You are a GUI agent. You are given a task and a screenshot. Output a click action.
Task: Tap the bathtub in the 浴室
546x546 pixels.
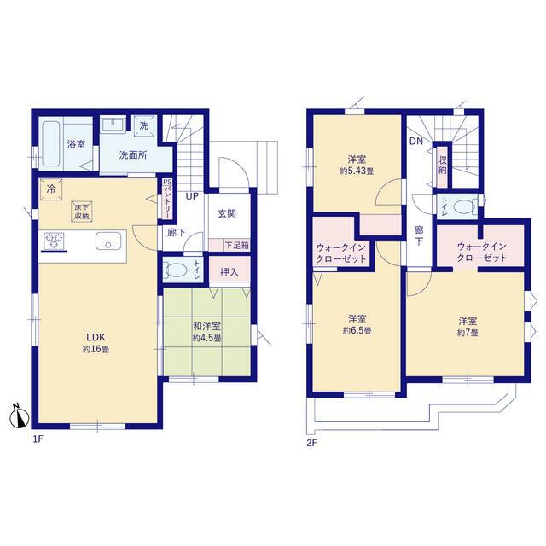tap(51, 144)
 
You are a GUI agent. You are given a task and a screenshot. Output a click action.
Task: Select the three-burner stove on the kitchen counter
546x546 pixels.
tap(54, 241)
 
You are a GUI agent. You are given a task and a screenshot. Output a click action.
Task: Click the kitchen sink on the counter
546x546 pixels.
tap(108, 241)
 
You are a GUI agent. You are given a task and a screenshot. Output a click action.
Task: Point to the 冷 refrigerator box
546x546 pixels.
tap(51, 189)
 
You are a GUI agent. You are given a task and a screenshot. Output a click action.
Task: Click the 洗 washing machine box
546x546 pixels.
tap(144, 125)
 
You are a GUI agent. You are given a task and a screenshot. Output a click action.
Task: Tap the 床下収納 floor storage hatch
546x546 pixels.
tap(82, 212)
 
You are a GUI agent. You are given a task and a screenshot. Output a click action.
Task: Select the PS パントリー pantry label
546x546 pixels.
tap(167, 199)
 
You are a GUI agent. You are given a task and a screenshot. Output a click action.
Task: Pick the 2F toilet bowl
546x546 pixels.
tap(464, 207)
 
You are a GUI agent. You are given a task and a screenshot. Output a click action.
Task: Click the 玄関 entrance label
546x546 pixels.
tap(227, 213)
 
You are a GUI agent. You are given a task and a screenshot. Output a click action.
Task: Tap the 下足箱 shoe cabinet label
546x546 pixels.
tap(237, 246)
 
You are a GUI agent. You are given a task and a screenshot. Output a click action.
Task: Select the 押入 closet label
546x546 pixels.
tap(229, 272)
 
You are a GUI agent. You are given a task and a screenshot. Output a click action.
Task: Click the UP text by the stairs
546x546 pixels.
tap(192, 196)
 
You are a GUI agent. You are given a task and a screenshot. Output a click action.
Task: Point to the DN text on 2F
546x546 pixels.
tap(416, 141)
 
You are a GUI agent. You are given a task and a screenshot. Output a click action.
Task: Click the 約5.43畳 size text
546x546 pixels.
tap(357, 171)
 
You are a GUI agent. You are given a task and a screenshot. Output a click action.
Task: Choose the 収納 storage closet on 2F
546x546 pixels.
tap(442, 166)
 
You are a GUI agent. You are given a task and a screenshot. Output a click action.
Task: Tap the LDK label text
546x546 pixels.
tap(96, 337)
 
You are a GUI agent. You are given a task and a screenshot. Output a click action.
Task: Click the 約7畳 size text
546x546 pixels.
tap(468, 333)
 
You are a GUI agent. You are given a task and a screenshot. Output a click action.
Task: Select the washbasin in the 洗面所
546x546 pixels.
tap(113, 125)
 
